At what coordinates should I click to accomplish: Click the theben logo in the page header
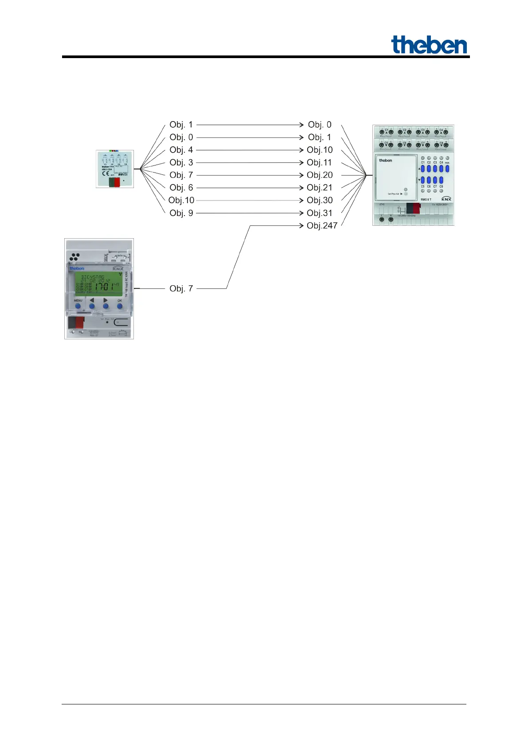coord(429,45)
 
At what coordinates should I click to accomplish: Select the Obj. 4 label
coord(181,150)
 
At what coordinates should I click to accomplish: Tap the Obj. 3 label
coord(181,162)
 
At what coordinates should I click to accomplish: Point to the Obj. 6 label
coord(181,188)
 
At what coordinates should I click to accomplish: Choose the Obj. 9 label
coord(181,213)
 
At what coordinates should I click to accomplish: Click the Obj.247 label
coord(322,225)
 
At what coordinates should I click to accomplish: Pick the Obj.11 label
coord(319,162)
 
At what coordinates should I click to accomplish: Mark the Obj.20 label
coord(320,175)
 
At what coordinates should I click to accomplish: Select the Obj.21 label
coord(319,188)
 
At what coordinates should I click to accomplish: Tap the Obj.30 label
coord(320,200)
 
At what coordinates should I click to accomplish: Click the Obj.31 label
coord(319,213)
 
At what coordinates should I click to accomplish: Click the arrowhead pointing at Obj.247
coord(301,225)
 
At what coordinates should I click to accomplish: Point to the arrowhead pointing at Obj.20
coord(301,175)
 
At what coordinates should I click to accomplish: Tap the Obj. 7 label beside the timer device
coord(181,288)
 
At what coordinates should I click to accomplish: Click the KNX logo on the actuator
coord(446,199)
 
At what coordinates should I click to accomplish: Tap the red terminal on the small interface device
coord(117,182)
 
